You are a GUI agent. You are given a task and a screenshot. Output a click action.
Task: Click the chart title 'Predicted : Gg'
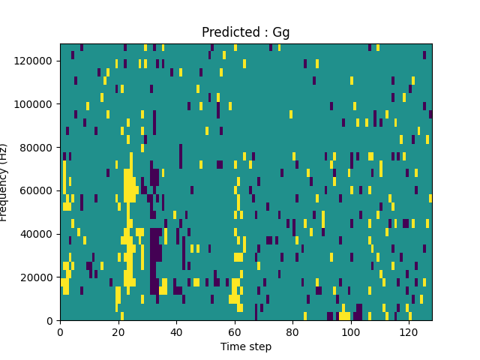[x=245, y=32]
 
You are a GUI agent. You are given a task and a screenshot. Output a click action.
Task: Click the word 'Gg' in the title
[x=281, y=32]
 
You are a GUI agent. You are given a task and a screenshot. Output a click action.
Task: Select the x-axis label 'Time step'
[x=245, y=346]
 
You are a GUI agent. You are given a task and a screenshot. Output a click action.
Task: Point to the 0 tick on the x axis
[x=60, y=331]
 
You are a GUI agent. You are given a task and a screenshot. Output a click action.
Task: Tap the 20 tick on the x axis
[x=118, y=331]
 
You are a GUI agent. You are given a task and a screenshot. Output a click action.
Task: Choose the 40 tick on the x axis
[x=176, y=331]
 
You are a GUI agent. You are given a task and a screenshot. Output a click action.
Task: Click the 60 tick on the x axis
[x=235, y=331]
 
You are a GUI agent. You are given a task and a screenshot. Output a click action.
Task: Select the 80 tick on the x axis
[x=292, y=331]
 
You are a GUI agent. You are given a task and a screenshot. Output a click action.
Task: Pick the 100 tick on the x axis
[x=351, y=331]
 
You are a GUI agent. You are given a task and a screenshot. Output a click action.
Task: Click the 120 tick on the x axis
[x=409, y=331]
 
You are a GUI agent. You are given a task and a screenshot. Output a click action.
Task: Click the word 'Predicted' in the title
[x=229, y=32]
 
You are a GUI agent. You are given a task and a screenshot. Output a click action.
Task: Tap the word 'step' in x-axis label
[x=259, y=347]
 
